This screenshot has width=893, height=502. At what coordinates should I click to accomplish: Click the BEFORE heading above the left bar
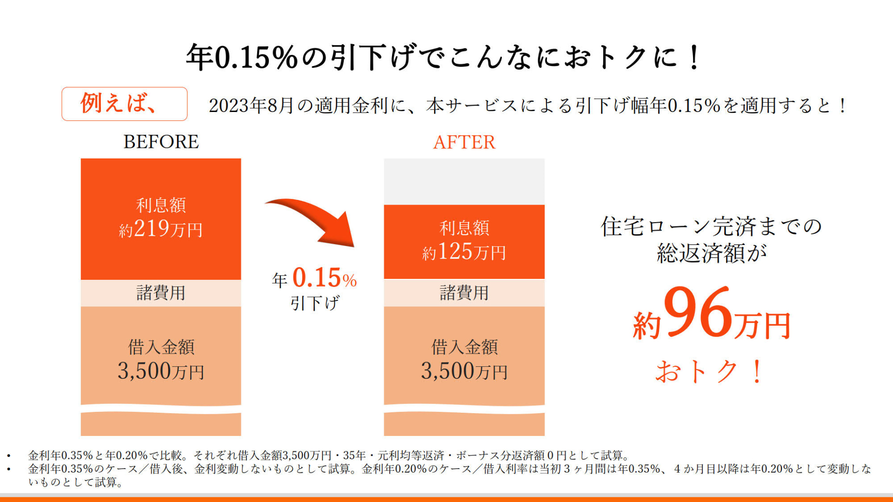[x=161, y=142]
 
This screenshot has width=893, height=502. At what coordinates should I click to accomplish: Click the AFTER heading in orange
[x=464, y=142]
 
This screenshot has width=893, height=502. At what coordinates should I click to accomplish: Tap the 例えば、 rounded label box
[x=124, y=104]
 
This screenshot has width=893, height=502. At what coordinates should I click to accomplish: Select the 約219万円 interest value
[x=161, y=229]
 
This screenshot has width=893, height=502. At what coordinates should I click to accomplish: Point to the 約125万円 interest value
[x=464, y=252]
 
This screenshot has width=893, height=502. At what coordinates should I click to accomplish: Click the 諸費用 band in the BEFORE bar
[x=161, y=293]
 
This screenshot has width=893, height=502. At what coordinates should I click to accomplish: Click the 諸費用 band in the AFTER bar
[x=464, y=293]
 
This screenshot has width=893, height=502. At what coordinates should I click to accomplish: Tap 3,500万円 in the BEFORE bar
[x=161, y=371]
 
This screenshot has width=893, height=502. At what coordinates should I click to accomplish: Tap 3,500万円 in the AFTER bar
[x=464, y=371]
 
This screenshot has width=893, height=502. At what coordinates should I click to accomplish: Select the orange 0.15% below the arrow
[x=324, y=278]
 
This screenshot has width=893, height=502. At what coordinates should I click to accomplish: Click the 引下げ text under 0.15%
[x=315, y=303]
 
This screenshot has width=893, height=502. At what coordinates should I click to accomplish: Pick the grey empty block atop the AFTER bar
[x=464, y=181]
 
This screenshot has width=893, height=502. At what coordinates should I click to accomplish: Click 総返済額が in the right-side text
[x=712, y=253]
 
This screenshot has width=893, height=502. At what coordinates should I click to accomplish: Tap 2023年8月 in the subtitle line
[x=251, y=106]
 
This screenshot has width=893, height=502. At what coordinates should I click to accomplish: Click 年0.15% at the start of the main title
[x=242, y=57]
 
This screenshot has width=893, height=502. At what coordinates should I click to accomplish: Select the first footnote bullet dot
[x=8, y=456]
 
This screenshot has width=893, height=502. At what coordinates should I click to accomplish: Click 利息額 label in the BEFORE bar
[x=161, y=205]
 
